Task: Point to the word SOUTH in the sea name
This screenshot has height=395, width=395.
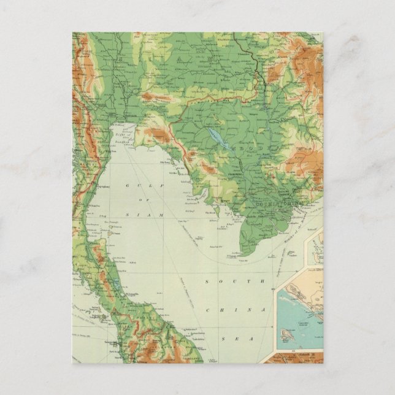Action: click(x=218, y=282)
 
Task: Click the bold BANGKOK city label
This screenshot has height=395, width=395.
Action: click(x=129, y=115)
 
